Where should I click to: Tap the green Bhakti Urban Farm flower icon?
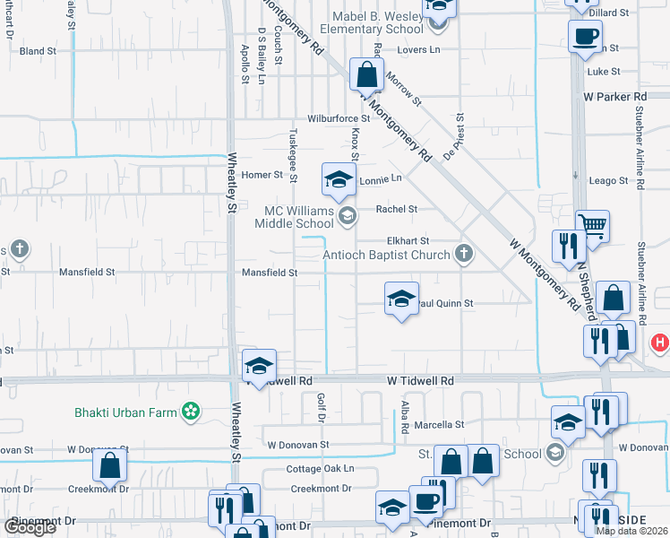pyautogui.click(x=190, y=412)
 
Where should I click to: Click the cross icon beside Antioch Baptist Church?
pyautogui.click(x=463, y=254)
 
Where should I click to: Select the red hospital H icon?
pyautogui.click(x=660, y=342)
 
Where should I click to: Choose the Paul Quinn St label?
pyautogui.click(x=444, y=304)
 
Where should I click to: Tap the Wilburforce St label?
pyautogui.click(x=339, y=118)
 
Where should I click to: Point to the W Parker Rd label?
pyautogui.click(x=614, y=96)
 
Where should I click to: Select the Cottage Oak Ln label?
pyautogui.click(x=320, y=468)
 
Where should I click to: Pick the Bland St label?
pyautogui.click(x=38, y=51)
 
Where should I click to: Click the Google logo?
pyautogui.click(x=30, y=527)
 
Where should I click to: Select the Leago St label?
pyautogui.click(x=608, y=181)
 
